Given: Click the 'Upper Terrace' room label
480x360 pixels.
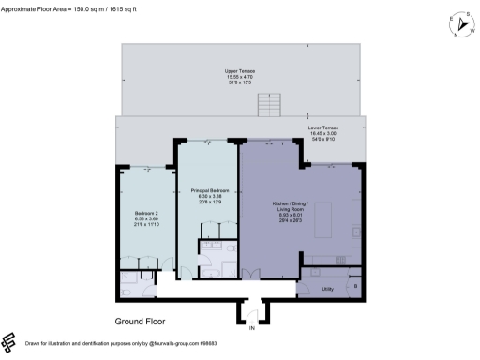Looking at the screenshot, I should click(x=240, y=71).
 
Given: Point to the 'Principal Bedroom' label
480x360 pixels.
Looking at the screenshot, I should click(x=206, y=188).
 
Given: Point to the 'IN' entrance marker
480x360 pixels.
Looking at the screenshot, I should click(x=251, y=329).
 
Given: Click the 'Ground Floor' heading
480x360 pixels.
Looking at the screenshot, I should click(x=141, y=322).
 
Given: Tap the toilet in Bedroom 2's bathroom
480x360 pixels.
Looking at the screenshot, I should click(x=128, y=289).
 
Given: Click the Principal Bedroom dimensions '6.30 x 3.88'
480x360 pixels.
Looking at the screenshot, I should click(x=206, y=195).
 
